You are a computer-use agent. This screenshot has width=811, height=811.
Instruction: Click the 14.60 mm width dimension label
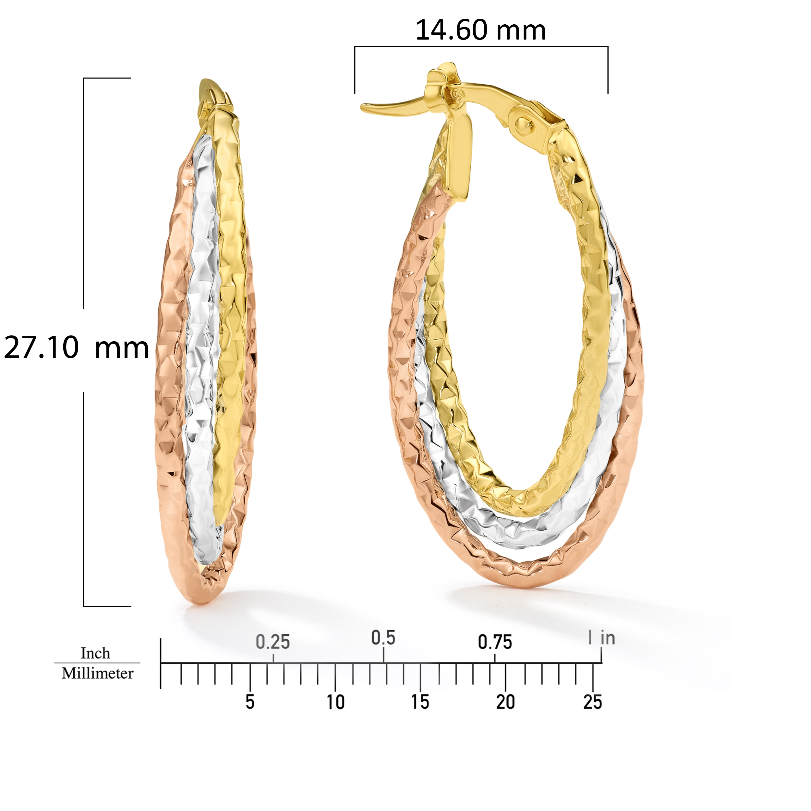coord(481,30)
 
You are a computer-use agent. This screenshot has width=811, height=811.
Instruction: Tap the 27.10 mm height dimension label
coord(77,348)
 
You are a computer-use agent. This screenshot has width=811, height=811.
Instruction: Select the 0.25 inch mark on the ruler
coord(273,643)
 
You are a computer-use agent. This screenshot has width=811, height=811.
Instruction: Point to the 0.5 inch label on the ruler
coord(383,638)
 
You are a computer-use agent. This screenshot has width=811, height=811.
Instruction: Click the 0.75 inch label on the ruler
coord(495,643)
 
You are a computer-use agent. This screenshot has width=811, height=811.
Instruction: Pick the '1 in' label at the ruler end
coord(602,638)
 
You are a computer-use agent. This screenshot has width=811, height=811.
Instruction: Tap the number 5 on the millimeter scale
coord(250,702)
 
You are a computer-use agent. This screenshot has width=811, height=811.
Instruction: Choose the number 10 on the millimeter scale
coord(336,702)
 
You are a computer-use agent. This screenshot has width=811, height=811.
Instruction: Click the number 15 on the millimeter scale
coord(420,702)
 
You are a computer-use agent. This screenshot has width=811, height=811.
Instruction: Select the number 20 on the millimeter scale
coord(505,702)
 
